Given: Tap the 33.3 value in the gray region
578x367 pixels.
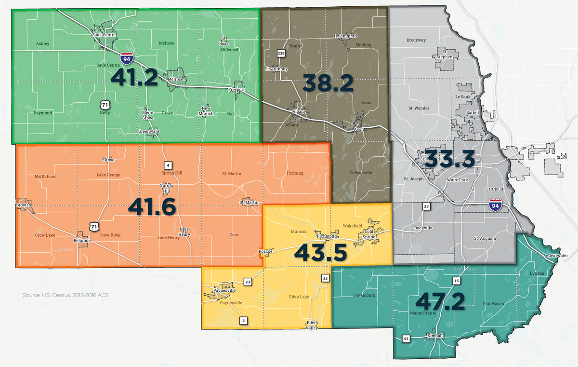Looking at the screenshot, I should click(449, 159).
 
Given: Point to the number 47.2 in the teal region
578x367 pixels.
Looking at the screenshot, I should click(440, 301).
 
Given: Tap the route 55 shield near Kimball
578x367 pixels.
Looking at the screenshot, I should click(406, 339).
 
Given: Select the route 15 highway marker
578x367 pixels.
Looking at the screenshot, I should click(456, 281).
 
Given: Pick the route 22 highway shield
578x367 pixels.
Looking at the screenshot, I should click(326, 278).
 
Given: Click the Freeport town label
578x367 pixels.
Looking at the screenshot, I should click(236, 90).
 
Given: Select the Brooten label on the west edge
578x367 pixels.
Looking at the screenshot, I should click(24, 205).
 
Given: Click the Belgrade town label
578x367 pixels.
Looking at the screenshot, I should click(81, 240).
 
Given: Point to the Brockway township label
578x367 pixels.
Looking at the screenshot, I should click(416, 41).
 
